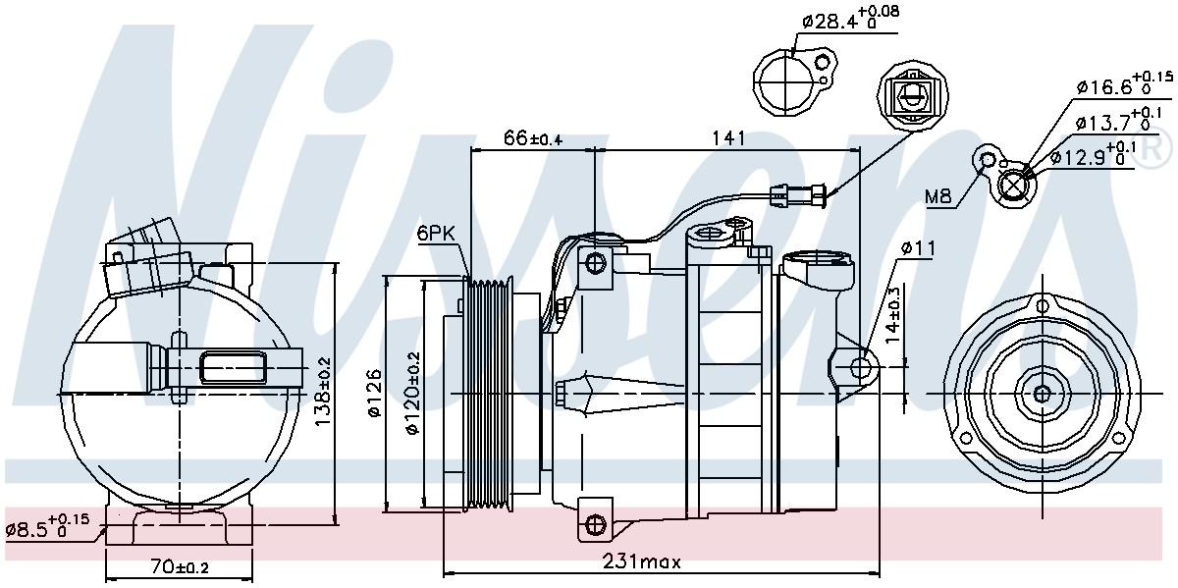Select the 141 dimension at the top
pyautogui.click(x=726, y=138)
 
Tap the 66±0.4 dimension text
pyautogui.click(x=532, y=138)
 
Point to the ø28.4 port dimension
pyautogui.click(x=850, y=17)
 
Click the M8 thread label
pyautogui.click(x=938, y=197)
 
